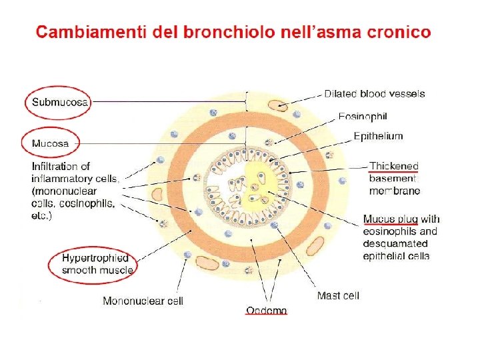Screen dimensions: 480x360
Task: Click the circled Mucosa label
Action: tap(50, 143)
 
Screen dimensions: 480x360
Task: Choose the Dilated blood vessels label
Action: tap(375, 94)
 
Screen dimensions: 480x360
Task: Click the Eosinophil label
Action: tap(363, 117)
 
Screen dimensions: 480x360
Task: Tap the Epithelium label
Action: tap(378, 136)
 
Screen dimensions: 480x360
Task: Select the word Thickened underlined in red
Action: tap(394, 166)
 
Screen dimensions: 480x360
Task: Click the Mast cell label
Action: tap(338, 295)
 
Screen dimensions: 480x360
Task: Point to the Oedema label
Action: tap(267, 310)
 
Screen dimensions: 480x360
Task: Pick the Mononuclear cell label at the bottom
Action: tap(143, 301)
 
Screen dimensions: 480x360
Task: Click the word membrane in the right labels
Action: tap(395, 191)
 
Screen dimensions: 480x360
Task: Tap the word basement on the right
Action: tap(392, 179)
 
